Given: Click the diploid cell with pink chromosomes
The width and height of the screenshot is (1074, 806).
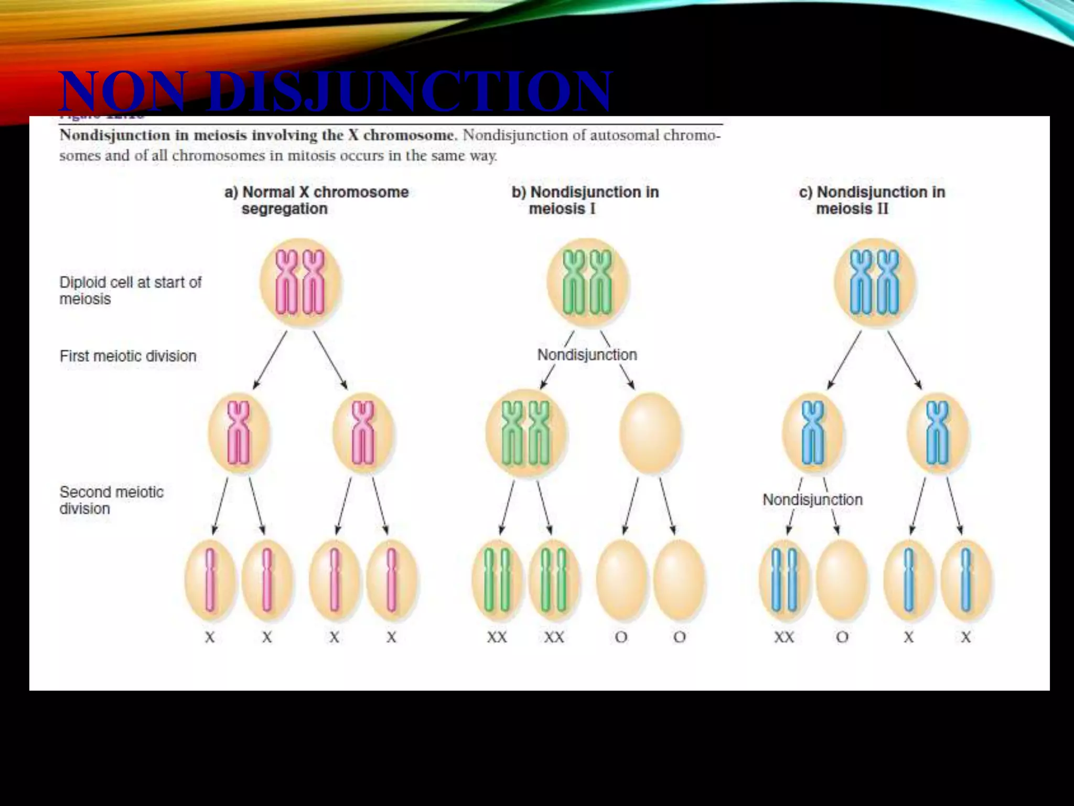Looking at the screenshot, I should [300, 283].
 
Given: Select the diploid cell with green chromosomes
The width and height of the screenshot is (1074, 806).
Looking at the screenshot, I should [587, 283].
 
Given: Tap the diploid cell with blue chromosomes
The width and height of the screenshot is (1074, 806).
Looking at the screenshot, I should [875, 283].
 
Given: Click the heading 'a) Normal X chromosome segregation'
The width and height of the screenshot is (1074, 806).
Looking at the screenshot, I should [316, 200].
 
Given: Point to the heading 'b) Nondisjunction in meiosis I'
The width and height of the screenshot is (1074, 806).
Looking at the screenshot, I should [585, 200].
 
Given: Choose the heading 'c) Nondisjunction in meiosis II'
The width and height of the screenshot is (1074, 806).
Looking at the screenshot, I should [872, 200].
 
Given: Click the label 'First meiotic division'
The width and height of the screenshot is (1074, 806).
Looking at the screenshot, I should [128, 356].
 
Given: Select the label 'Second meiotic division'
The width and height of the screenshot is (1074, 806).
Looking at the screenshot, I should [111, 500].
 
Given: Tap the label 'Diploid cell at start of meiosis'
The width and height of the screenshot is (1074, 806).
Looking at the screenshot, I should [130, 291].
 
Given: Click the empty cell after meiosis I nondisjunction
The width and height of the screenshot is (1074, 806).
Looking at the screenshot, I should [650, 434].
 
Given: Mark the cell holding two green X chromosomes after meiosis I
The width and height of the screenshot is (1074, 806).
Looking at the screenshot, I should [526, 434].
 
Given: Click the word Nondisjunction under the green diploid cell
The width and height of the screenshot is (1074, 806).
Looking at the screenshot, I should [587, 355].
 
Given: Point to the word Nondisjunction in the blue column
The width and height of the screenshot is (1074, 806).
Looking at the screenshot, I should [812, 500].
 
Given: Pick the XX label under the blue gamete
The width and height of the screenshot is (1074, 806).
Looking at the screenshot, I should [784, 638].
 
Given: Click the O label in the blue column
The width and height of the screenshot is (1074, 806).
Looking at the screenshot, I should [842, 638].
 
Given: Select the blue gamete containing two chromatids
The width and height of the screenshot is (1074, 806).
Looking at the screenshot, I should [785, 580].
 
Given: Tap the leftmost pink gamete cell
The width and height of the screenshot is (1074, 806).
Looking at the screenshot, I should [210, 580].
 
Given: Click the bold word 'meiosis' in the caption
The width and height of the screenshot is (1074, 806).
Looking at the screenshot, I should [220, 135].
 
